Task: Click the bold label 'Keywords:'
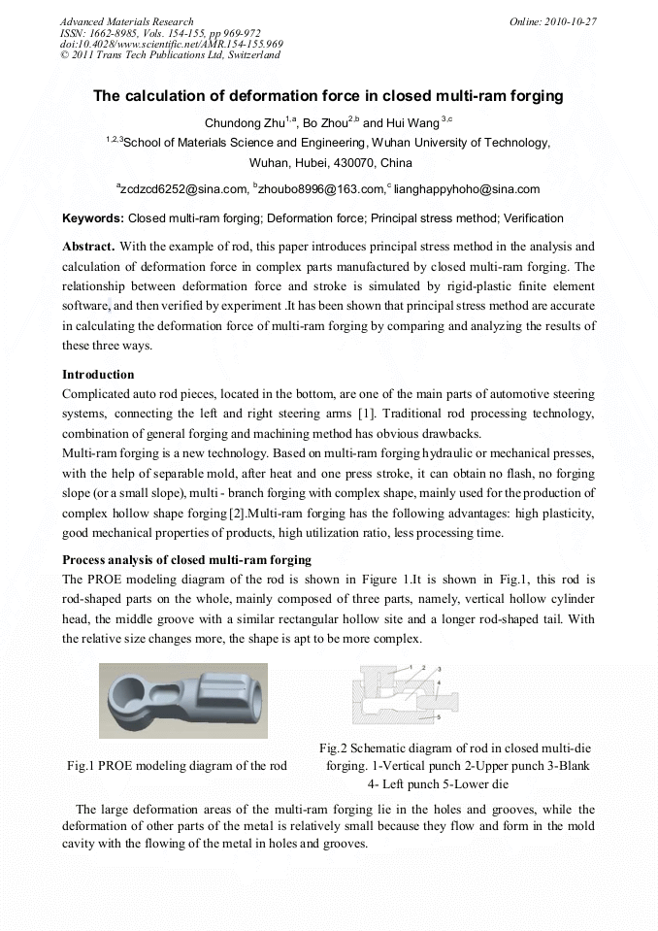click(x=93, y=218)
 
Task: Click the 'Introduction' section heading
click(x=98, y=374)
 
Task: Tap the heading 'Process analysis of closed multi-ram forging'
click(x=186, y=559)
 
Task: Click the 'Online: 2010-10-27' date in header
click(x=552, y=21)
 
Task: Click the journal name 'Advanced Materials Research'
click(x=126, y=21)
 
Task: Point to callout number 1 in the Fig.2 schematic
click(x=410, y=667)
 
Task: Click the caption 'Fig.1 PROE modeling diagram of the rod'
click(x=177, y=766)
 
